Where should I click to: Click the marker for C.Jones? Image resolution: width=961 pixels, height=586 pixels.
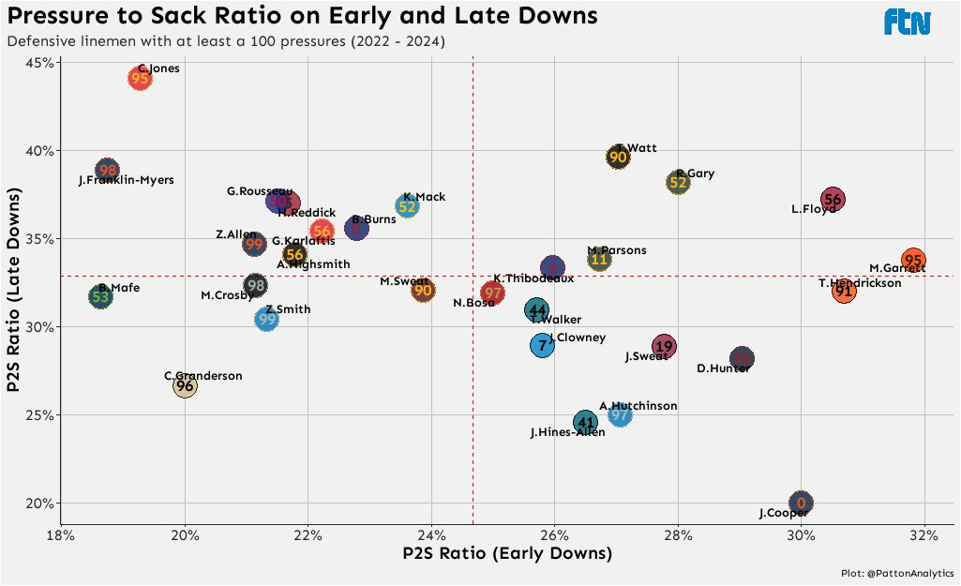(x=140, y=79)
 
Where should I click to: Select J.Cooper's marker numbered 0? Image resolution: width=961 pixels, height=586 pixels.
(x=801, y=503)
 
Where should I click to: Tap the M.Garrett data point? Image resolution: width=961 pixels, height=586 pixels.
(x=913, y=261)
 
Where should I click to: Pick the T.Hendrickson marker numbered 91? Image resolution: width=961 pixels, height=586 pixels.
(x=844, y=292)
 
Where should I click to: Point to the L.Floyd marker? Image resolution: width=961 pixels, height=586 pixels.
(x=832, y=199)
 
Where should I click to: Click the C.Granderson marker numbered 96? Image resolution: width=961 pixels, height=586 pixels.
(x=185, y=385)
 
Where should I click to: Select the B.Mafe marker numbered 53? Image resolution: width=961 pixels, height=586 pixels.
(x=100, y=297)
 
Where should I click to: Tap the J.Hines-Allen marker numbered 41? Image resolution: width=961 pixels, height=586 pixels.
(x=585, y=423)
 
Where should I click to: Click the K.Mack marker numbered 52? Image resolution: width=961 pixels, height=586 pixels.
(x=407, y=207)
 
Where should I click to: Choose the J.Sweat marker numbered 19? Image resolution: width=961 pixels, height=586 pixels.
(x=664, y=347)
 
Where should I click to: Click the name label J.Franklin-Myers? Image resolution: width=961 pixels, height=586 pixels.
(x=126, y=180)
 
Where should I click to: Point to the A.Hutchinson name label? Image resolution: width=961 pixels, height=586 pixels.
(x=638, y=406)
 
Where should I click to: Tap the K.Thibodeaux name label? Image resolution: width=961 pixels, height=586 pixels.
(x=533, y=278)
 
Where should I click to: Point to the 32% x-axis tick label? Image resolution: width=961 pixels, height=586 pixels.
(x=923, y=536)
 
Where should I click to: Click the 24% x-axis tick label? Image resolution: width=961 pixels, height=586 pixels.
(x=431, y=536)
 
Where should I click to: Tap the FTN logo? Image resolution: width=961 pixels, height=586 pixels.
(x=907, y=23)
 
